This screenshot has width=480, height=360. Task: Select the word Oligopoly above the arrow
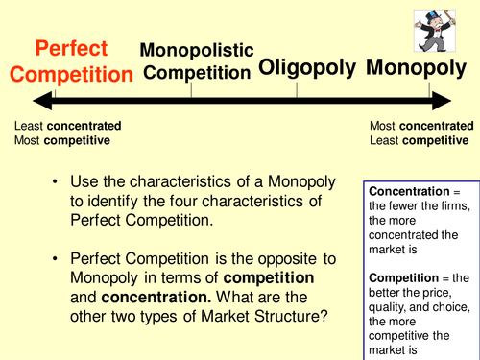click(x=306, y=67)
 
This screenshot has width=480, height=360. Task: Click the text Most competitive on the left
click(x=61, y=140)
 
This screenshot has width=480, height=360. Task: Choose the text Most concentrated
click(x=420, y=126)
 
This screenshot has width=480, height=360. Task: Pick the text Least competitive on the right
click(x=420, y=140)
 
